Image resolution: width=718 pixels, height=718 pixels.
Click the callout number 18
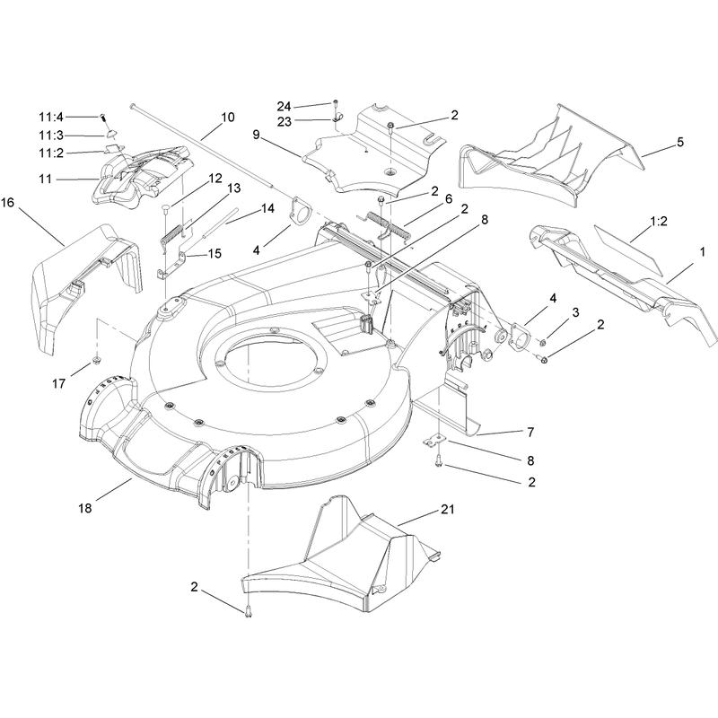(x=85, y=508)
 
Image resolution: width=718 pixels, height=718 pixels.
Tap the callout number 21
(x=447, y=509)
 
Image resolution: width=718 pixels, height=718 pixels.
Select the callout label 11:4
(x=51, y=118)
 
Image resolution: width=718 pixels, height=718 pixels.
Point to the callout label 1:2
(x=659, y=221)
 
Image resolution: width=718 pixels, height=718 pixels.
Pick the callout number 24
(x=284, y=106)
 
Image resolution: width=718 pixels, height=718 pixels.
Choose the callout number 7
(x=530, y=433)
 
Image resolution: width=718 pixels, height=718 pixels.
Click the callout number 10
(x=228, y=118)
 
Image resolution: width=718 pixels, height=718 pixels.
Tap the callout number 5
(x=680, y=142)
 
